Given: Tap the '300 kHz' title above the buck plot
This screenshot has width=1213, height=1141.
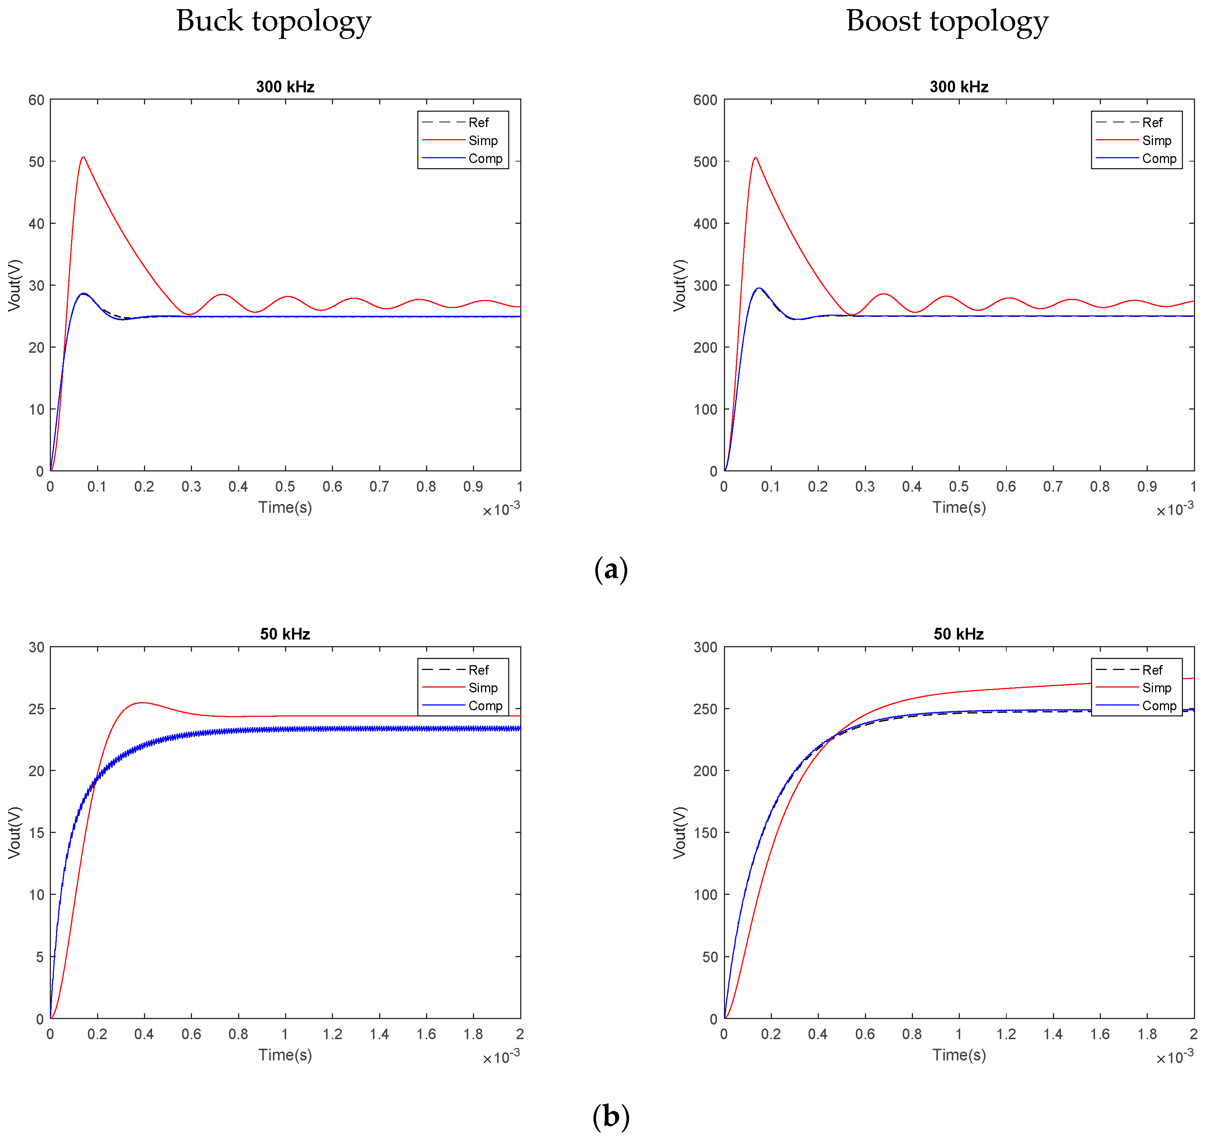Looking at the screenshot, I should point(285,87).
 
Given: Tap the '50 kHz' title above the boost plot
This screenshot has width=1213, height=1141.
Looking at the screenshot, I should point(958,634).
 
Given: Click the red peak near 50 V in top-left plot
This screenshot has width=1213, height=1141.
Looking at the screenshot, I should point(84,158).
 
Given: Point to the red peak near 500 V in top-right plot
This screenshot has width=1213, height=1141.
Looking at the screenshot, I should point(755,158).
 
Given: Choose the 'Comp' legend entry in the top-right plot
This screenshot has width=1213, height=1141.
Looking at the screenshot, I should point(1159,159).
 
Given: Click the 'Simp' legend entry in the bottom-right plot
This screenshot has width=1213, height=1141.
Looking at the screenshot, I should point(1156,688).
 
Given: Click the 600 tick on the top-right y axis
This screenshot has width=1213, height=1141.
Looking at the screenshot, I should point(705,100).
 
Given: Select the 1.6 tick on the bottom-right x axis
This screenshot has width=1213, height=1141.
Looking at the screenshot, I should point(1100,1034).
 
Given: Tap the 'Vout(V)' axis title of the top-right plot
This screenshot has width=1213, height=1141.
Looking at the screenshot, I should point(680,285).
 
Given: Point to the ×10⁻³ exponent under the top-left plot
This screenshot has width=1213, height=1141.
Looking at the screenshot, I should point(501,510).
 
